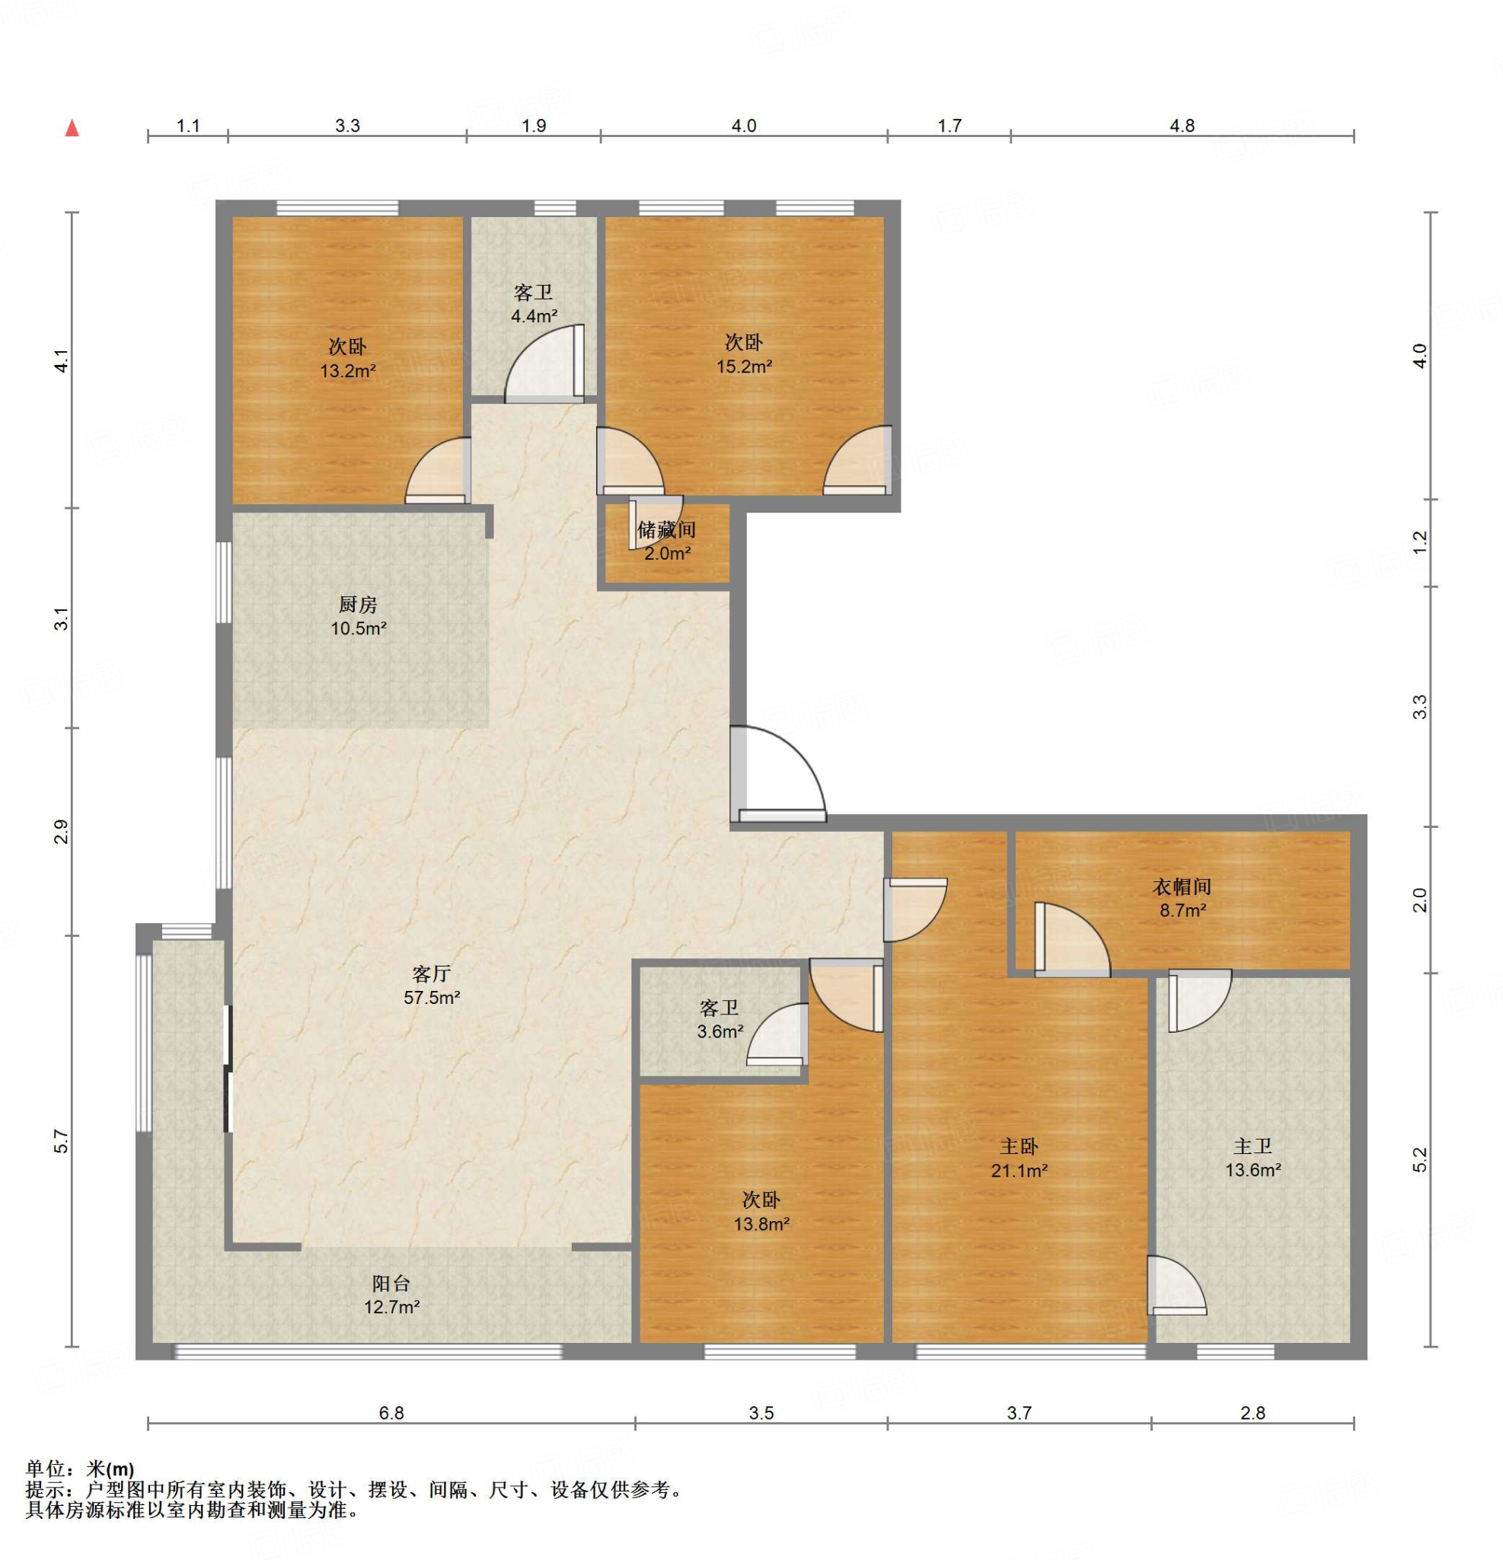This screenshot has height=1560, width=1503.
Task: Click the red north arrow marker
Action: pyautogui.click(x=72, y=127)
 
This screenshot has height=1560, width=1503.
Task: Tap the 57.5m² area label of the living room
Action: pyautogui.click(x=432, y=997)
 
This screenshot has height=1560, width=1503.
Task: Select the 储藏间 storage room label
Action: pyautogui.click(x=667, y=529)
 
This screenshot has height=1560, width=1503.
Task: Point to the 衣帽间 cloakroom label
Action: pyautogui.click(x=1182, y=887)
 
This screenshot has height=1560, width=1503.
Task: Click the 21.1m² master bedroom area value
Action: pyautogui.click(x=1020, y=1171)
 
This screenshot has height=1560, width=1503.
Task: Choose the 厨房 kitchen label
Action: pyautogui.click(x=358, y=605)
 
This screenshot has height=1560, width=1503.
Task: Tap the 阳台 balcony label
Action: pyautogui.click(x=391, y=1283)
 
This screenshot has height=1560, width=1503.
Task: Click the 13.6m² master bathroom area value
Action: pyautogui.click(x=1253, y=1170)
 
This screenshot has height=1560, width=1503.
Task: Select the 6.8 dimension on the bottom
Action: pyautogui.click(x=391, y=1413)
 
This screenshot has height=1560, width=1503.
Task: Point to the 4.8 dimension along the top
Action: pyautogui.click(x=1182, y=126)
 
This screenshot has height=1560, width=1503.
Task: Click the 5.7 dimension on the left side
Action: pyautogui.click(x=62, y=1141)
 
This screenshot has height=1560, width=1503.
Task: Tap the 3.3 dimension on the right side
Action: pyautogui.click(x=1420, y=707)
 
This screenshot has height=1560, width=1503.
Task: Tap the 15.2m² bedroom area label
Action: pyautogui.click(x=744, y=367)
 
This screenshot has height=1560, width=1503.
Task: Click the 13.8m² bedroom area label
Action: pyautogui.click(x=761, y=1224)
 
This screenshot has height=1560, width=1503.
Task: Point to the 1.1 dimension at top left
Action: pyautogui.click(x=189, y=126)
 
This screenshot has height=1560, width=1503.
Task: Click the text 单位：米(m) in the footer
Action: pyautogui.click(x=81, y=1469)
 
